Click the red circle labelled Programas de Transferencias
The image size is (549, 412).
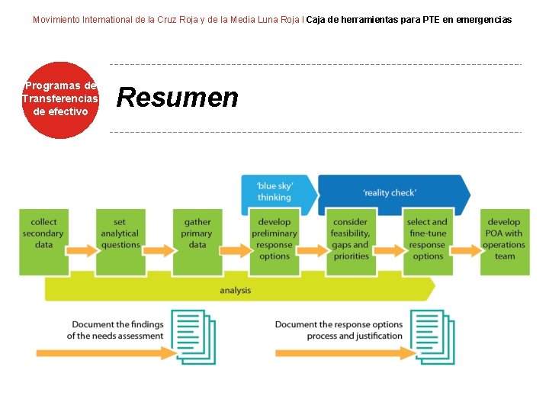(x=60, y=100)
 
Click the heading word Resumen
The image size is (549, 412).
(x=177, y=98)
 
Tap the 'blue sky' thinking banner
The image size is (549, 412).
(x=274, y=192)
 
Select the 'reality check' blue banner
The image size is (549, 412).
(x=390, y=192)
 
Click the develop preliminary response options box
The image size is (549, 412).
(x=274, y=239)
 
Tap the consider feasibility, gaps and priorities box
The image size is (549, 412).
(x=351, y=239)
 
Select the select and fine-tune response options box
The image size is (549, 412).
(x=428, y=239)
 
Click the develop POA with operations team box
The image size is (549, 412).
(x=505, y=239)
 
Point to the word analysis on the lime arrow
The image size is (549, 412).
(x=235, y=290)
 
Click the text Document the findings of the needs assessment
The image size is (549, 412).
(x=116, y=330)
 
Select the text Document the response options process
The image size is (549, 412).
(x=339, y=330)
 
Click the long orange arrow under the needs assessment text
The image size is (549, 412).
(x=107, y=352)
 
